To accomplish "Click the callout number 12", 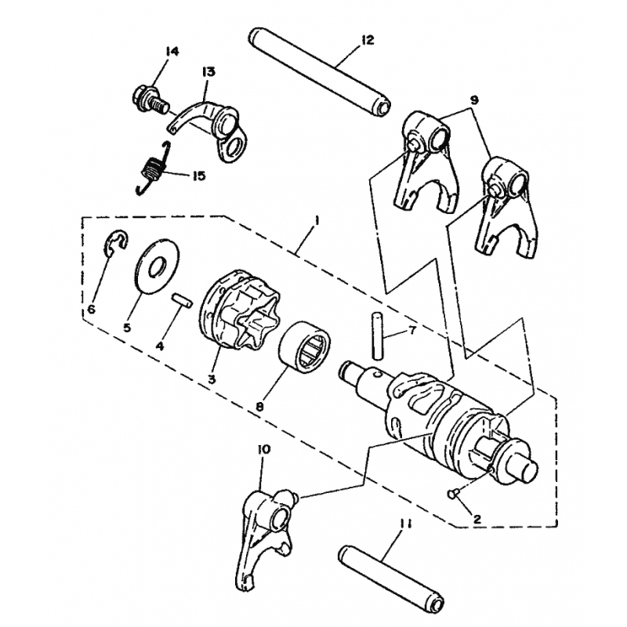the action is coord(367,40).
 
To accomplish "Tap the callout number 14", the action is coord(173,52).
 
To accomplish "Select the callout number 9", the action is coord(474,100).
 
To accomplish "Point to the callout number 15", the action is coord(199,176).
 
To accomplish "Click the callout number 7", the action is coord(412,330).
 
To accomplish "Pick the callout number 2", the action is coord(477,519).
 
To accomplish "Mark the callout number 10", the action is coord(264,449).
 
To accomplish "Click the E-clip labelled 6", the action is coord(116,243).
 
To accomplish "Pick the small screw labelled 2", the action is coord(453,495).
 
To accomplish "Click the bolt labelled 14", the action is coord(149,100).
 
